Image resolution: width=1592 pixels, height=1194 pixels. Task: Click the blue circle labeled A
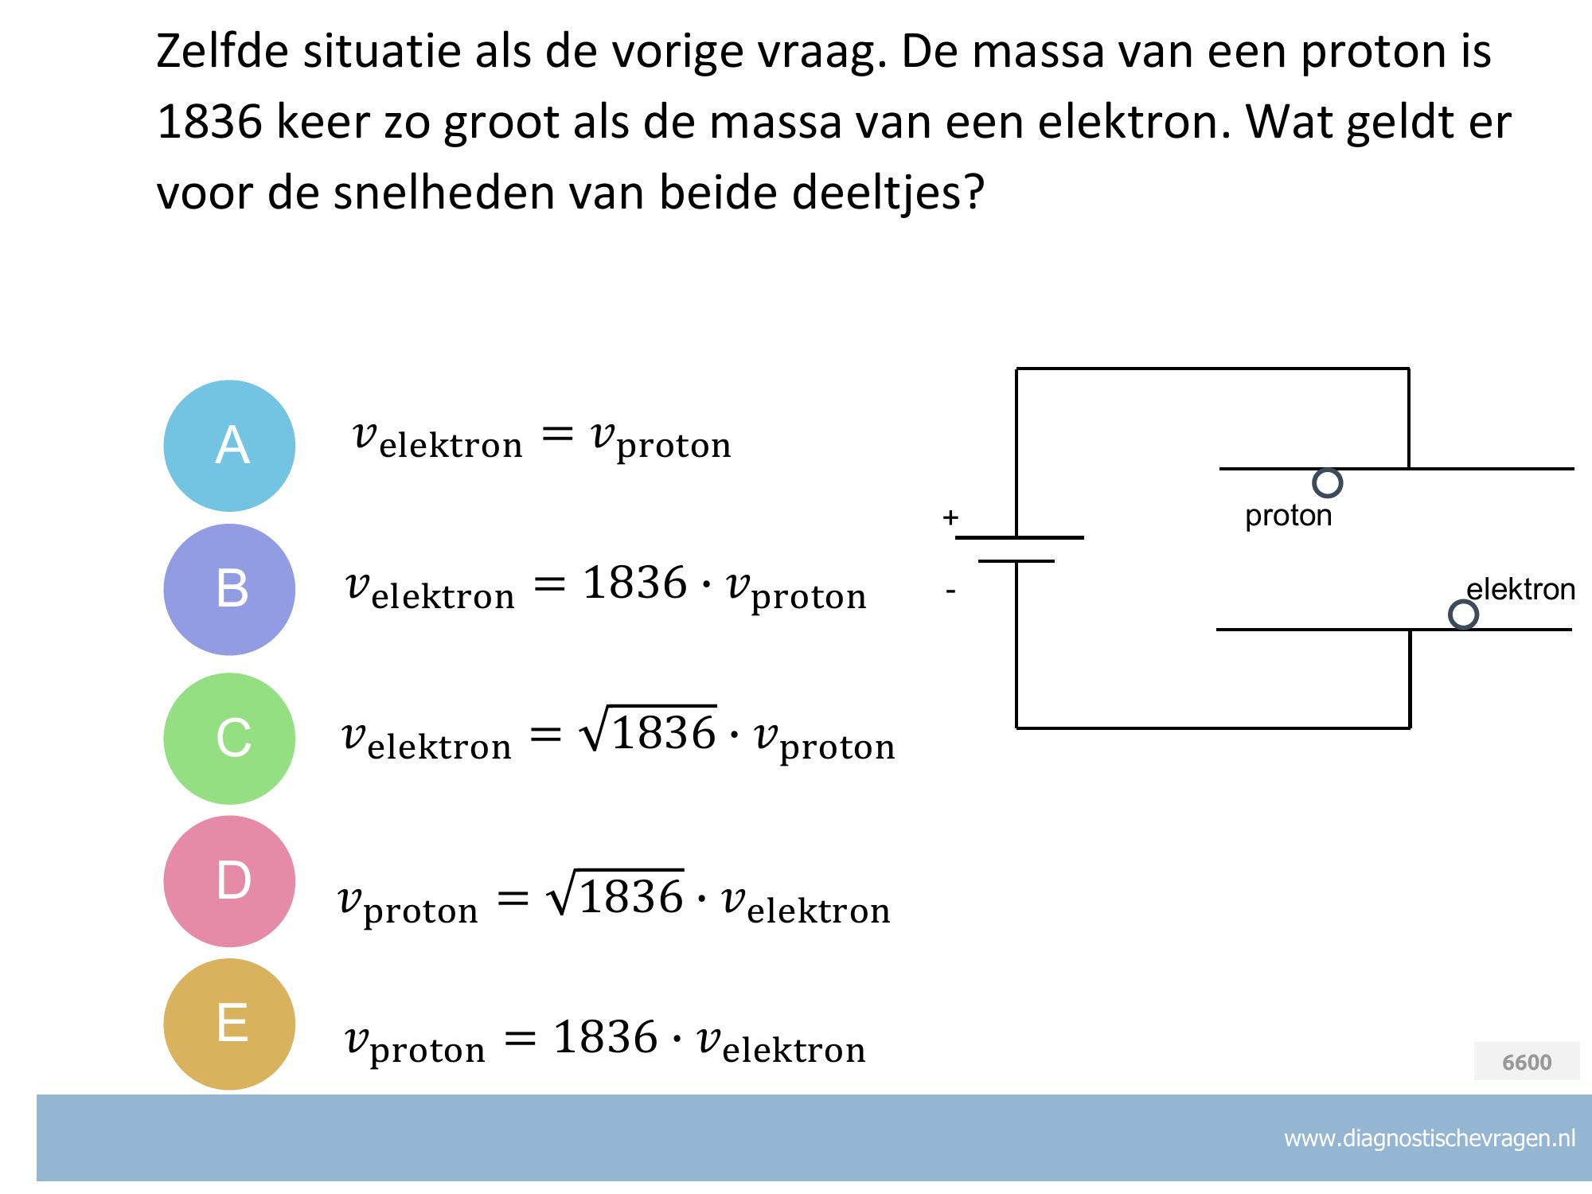(229, 446)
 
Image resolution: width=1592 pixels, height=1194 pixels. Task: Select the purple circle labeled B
(229, 590)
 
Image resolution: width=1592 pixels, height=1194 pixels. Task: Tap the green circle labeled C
(229, 739)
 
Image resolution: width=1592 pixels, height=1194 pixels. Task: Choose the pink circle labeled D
(229, 881)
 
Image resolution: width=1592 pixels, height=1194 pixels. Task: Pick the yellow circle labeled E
(229, 1024)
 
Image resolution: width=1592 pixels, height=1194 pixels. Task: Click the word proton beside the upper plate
(1288, 517)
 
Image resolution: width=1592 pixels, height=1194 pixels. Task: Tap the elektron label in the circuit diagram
(1521, 590)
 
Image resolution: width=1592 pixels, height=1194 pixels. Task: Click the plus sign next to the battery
(950, 517)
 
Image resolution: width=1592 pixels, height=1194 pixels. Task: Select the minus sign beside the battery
(950, 591)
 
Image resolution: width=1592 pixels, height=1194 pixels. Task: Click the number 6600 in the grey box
(1527, 1062)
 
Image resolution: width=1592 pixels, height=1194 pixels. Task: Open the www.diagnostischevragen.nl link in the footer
(1430, 1138)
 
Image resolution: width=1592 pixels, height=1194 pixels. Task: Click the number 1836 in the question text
(209, 122)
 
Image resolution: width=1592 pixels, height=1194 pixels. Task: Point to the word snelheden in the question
(444, 192)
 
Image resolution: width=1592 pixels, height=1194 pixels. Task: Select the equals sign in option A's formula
(557, 434)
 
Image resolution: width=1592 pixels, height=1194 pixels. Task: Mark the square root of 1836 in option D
(615, 893)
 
